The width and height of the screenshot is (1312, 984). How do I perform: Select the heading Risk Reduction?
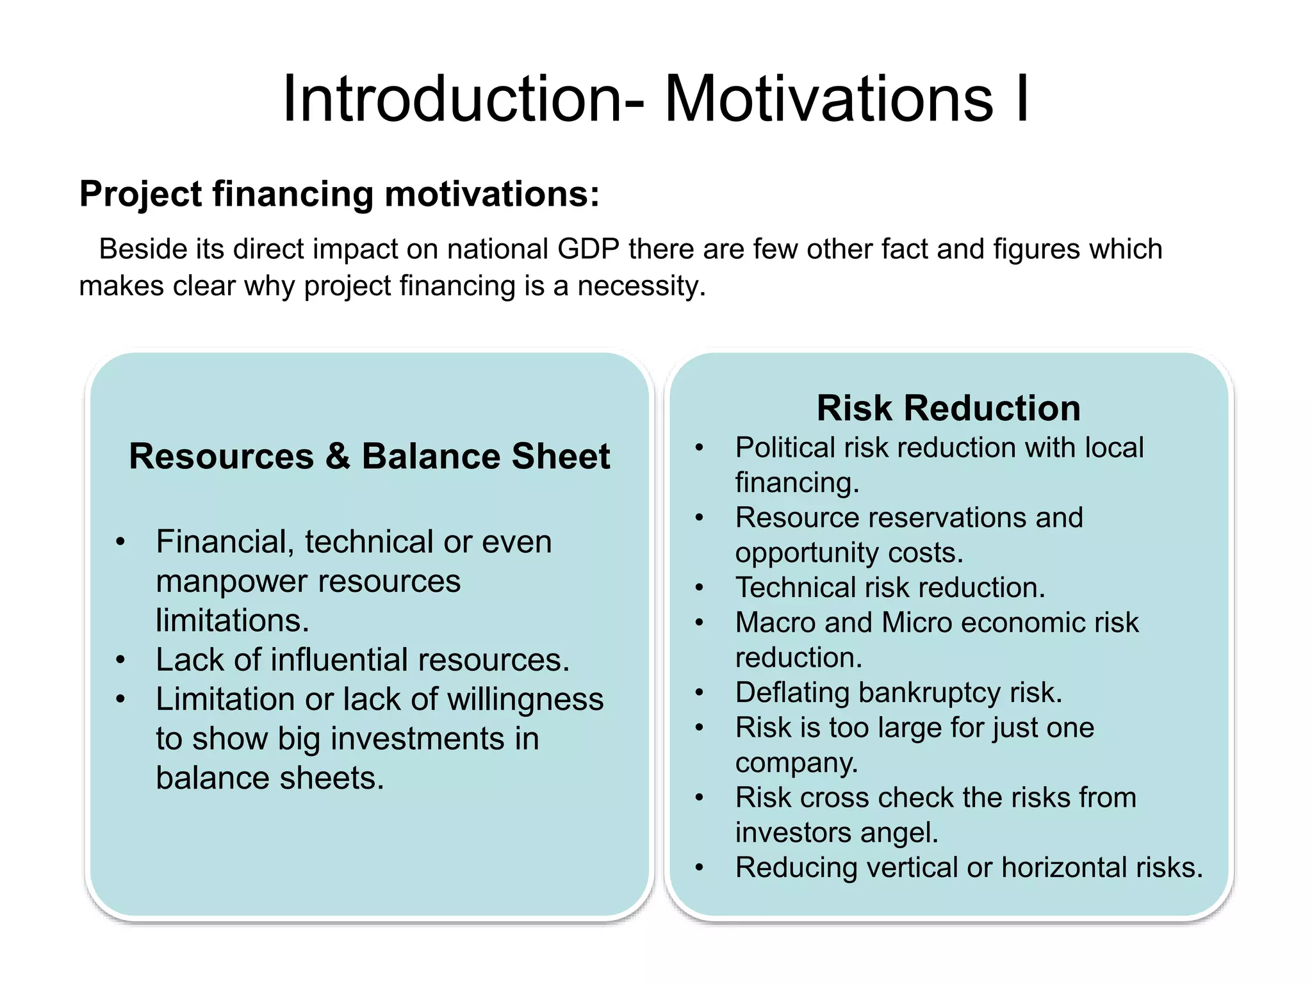[948, 408]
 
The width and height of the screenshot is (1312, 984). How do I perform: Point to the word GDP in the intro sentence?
[588, 249]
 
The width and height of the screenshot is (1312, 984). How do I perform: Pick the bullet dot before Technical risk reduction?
[700, 587]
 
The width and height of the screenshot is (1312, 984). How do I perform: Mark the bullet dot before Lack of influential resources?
[120, 660]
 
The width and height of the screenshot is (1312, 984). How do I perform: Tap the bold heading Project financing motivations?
[339, 194]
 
